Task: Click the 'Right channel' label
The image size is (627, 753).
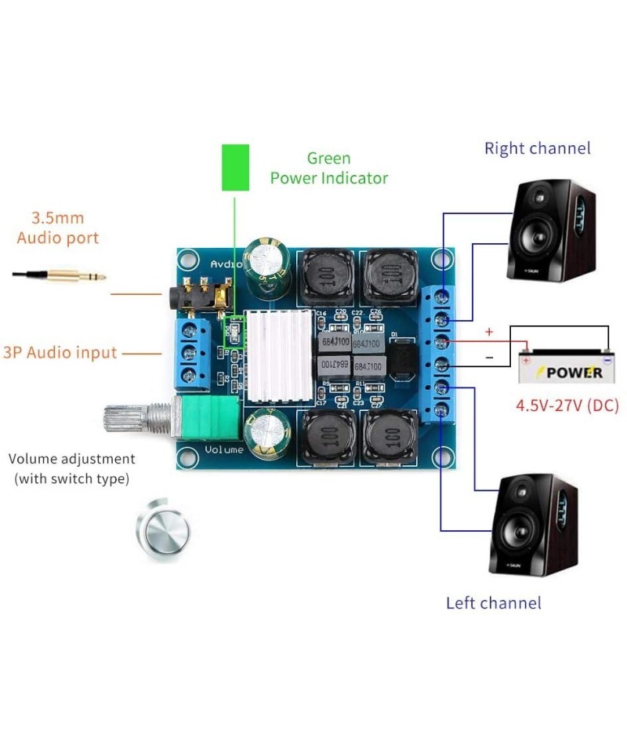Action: [537, 148]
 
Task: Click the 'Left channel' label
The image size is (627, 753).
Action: [493, 602]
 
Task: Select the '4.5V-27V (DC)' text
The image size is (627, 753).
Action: [567, 406]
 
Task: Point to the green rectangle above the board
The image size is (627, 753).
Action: [235, 167]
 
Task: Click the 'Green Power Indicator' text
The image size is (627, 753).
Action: [328, 169]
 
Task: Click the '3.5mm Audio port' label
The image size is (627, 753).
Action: [58, 227]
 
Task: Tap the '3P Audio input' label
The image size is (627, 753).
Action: [60, 353]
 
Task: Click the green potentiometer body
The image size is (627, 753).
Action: [212, 418]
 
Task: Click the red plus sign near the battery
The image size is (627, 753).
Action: [489, 332]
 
